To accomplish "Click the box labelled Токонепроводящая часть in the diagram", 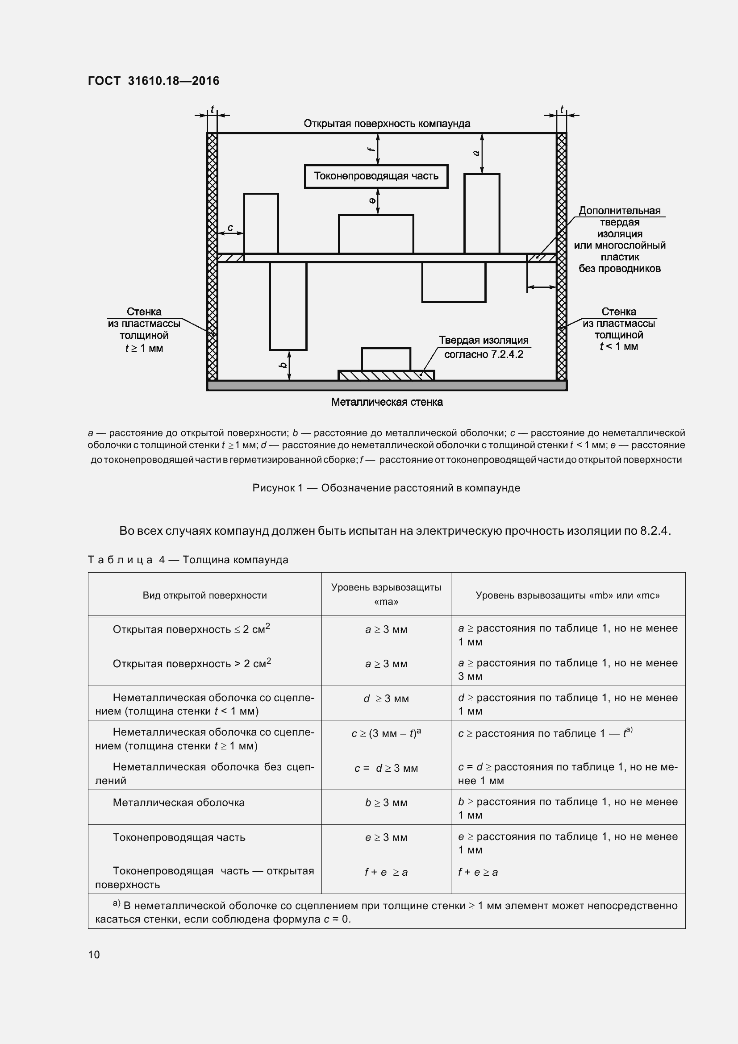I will [x=376, y=176].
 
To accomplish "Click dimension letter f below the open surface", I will [x=371, y=149].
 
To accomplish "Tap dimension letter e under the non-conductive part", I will [x=372, y=200].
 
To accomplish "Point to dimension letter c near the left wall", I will [x=230, y=228].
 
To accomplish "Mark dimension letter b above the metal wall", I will [x=283, y=365].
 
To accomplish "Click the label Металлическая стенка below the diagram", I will [x=387, y=402].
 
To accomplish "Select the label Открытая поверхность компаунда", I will [x=387, y=124].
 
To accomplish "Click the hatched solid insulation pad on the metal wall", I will [x=386, y=375].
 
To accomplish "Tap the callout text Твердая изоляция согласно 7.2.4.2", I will [x=484, y=347].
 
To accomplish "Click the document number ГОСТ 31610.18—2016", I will [x=153, y=81].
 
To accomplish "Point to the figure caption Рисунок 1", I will [x=386, y=488].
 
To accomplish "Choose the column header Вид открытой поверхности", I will [x=204, y=595].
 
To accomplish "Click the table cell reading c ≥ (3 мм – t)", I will [x=386, y=733].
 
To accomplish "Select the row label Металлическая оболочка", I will [x=179, y=803].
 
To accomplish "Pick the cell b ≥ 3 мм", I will [x=386, y=803].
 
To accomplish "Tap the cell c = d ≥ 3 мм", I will [x=386, y=768].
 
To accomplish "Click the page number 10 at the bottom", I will [x=94, y=954].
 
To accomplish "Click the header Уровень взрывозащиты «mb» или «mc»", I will [x=567, y=595].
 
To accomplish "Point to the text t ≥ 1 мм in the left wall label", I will [x=144, y=348].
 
